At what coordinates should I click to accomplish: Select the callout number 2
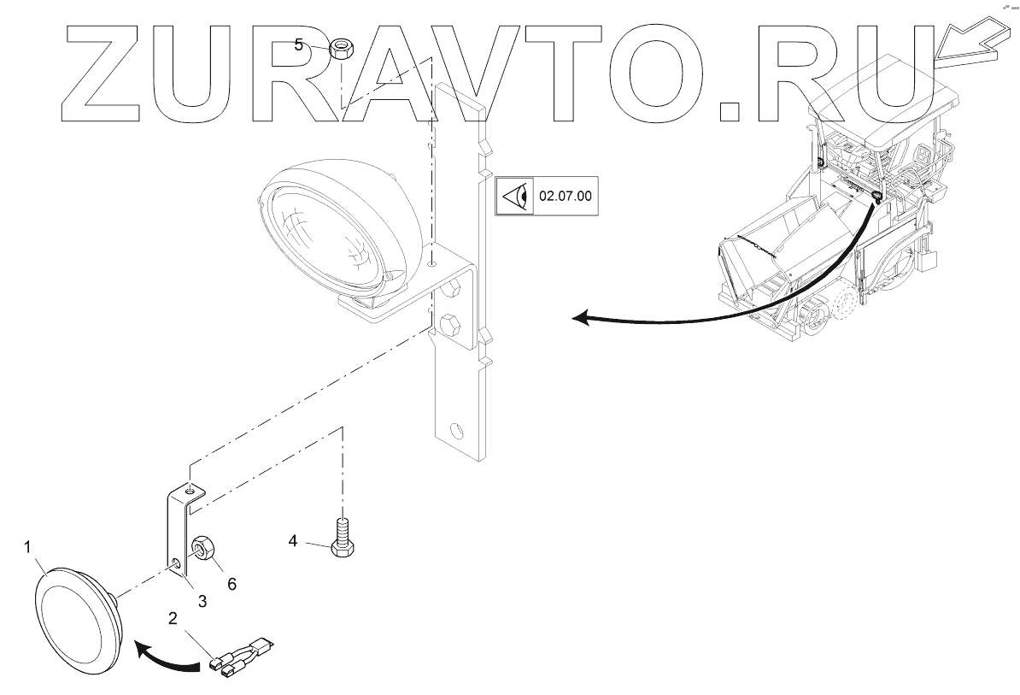coord(173,618)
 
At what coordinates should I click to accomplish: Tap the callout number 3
coord(202,601)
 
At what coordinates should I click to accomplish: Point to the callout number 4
coord(293,541)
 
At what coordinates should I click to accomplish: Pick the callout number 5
coord(299,44)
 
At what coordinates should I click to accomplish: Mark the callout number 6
coord(231,584)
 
